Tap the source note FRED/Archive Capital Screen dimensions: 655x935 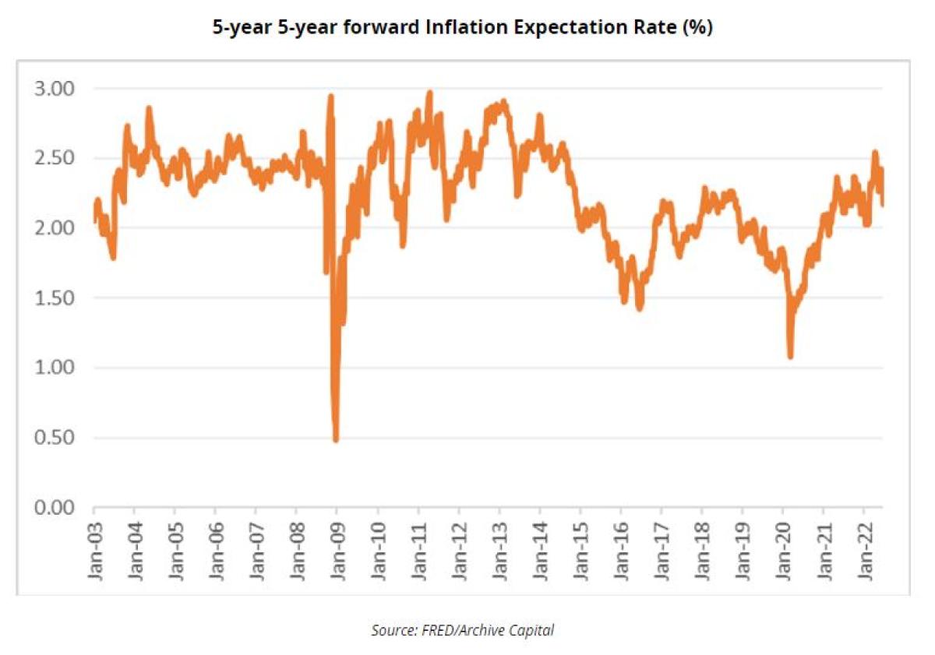click(x=462, y=630)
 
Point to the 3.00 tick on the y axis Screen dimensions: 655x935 click(x=56, y=89)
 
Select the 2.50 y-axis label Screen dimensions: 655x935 click(x=56, y=159)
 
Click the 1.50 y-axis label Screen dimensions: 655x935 click(x=56, y=298)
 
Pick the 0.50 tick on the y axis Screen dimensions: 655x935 click(x=56, y=438)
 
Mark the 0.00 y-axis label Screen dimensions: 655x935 click(x=56, y=508)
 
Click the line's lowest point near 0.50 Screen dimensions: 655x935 click(x=336, y=440)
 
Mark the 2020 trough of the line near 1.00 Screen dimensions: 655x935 click(x=790, y=357)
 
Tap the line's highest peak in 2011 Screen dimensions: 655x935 click(x=429, y=93)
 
